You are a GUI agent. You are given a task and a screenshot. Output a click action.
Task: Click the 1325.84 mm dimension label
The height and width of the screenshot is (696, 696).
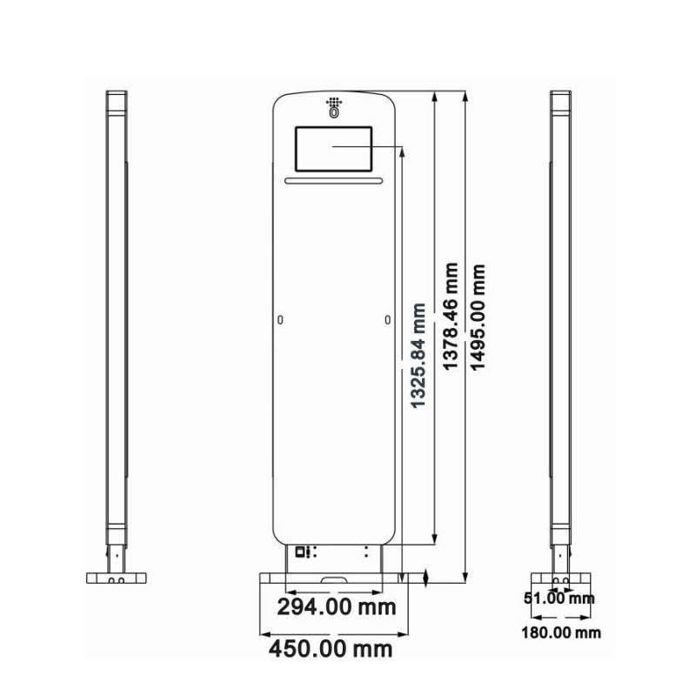pyautogui.click(x=418, y=356)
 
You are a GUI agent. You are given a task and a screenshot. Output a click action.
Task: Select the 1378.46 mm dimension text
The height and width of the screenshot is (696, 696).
pyautogui.click(x=450, y=318)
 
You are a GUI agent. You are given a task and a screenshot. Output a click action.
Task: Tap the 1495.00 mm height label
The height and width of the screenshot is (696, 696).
pyautogui.click(x=478, y=318)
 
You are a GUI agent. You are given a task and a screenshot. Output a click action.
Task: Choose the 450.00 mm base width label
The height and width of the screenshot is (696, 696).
pyautogui.click(x=330, y=648)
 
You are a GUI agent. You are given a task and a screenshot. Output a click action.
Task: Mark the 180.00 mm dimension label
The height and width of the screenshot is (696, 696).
pyautogui.click(x=560, y=632)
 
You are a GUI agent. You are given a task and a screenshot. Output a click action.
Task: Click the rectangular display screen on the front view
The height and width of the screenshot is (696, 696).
pyautogui.click(x=334, y=149)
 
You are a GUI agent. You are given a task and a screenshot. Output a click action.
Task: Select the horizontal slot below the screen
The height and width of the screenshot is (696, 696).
pyautogui.click(x=334, y=181)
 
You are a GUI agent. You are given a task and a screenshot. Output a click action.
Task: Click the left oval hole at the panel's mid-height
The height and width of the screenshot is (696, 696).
pyautogui.click(x=280, y=320)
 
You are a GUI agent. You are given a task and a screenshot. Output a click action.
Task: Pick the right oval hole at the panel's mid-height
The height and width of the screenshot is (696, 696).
pyautogui.click(x=387, y=320)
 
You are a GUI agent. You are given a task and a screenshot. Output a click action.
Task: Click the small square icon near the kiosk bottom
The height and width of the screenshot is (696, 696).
pyautogui.click(x=299, y=551)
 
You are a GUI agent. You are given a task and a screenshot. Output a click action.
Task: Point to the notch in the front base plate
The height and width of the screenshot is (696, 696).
pyautogui.click(x=334, y=578)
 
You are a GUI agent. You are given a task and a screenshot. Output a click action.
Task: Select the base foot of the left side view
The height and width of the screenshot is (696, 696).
pyautogui.click(x=116, y=578)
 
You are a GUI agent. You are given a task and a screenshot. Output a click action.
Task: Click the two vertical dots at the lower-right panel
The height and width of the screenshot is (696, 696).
pyautogui.click(x=366, y=552)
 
